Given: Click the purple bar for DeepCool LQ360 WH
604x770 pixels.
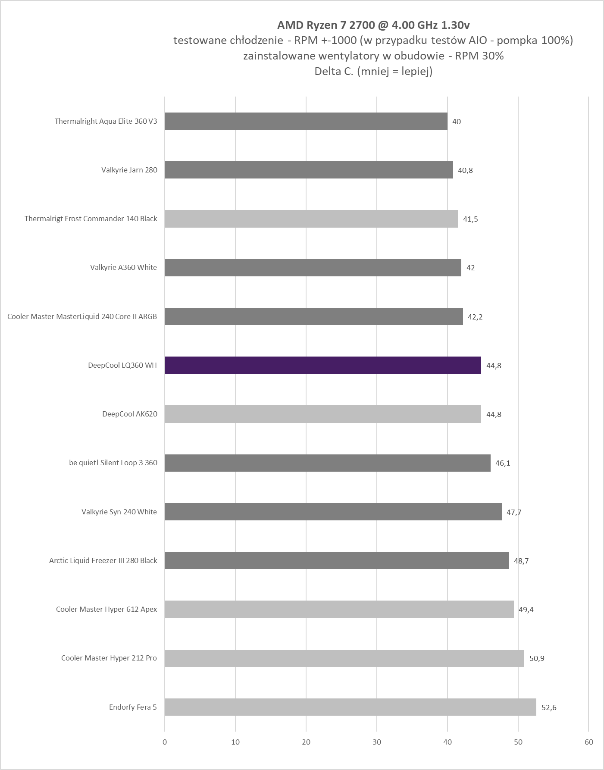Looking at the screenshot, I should coord(322,365).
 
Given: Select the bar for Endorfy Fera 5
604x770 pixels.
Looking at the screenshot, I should coord(350,707).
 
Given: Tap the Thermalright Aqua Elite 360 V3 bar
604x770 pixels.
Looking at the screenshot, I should coord(306,121).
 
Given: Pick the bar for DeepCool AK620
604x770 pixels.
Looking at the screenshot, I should coord(322,414).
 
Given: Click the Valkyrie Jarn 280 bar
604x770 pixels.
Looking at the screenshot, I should coord(309,170).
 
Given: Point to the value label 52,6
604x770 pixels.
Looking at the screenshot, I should coord(549,707).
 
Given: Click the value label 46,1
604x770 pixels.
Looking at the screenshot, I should coord(503,463).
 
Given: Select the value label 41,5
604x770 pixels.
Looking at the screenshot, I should coord(470,219).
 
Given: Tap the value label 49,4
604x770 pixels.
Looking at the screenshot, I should coord(526,610).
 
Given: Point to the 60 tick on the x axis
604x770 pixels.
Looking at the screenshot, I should coord(588,742).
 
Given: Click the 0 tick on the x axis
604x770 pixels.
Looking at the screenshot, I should coord(165,742).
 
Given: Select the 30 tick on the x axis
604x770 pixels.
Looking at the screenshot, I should coord(377,742).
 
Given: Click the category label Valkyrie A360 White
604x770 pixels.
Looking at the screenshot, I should coord(123,267).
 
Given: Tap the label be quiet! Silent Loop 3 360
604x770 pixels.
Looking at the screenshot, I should coord(113,463).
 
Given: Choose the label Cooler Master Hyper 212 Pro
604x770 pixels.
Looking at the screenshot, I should coord(109,658).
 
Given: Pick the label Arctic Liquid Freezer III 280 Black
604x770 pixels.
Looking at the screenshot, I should coord(103,560).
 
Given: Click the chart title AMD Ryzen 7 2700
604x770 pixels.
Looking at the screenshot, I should coord(373,25).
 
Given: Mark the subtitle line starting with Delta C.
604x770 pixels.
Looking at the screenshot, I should coord(373,71).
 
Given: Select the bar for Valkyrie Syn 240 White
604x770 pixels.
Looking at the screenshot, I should coord(333,512).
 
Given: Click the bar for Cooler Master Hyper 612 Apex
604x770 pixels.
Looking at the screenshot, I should coord(339,609).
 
